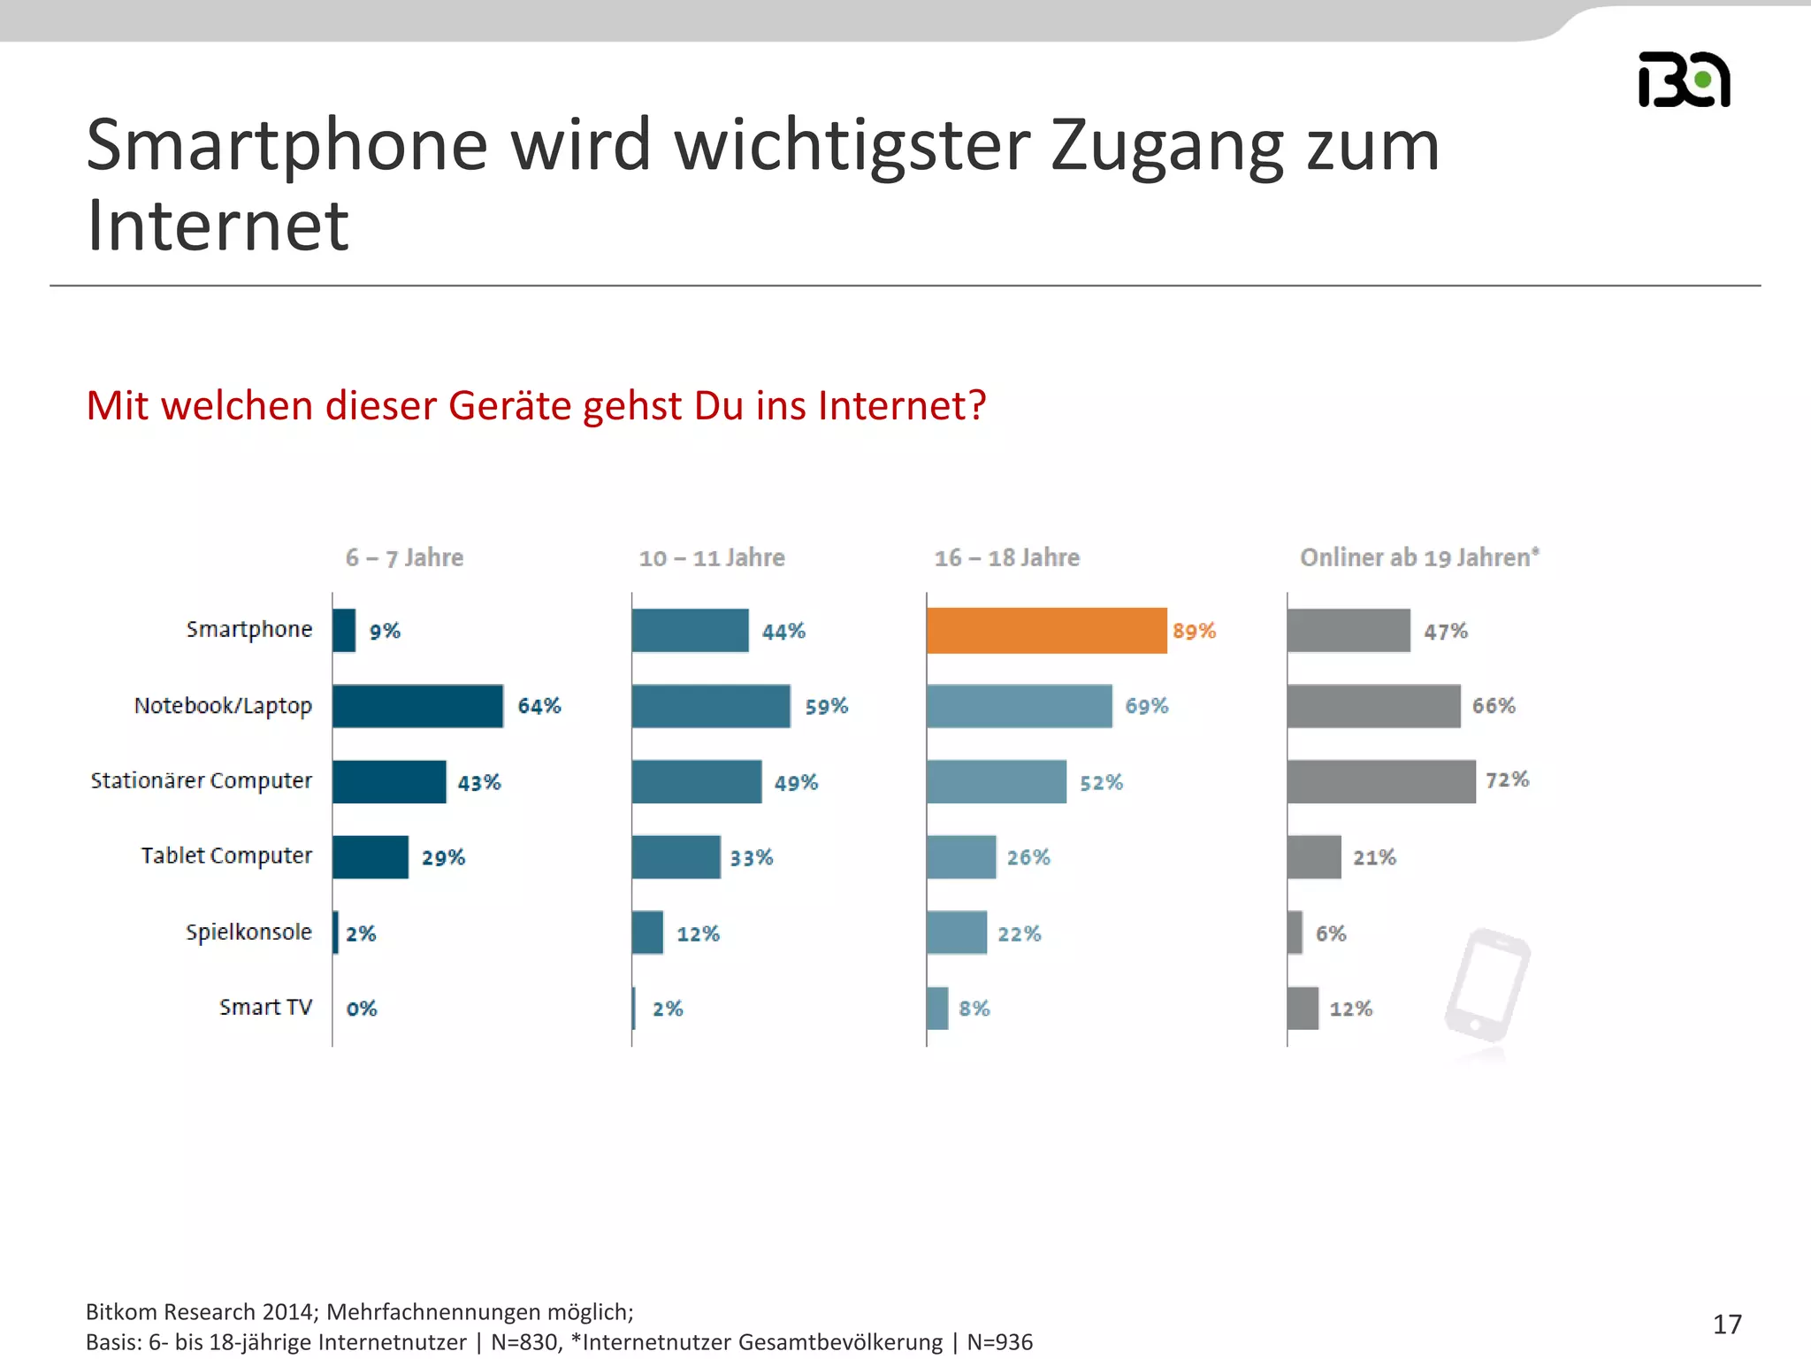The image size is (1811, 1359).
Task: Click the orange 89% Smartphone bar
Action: [1046, 631]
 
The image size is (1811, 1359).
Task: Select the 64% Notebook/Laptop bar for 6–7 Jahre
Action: [417, 706]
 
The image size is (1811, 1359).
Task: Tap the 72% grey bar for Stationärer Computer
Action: [1381, 781]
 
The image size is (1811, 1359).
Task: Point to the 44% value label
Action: [783, 632]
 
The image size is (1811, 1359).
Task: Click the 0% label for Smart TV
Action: [362, 1009]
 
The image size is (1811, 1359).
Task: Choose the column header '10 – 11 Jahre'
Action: [712, 558]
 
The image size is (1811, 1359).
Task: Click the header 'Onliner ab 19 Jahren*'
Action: [1419, 557]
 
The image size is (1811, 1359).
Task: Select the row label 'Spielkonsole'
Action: [248, 933]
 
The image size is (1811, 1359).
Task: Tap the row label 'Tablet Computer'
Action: [226, 856]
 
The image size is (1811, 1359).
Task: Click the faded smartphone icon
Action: [1488, 987]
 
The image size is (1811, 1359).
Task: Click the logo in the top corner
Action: [1684, 80]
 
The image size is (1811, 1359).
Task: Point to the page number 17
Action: [1727, 1324]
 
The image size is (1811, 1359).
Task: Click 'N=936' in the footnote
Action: [999, 1342]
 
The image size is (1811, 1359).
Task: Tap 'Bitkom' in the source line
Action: [121, 1312]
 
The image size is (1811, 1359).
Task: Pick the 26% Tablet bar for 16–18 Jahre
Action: [961, 856]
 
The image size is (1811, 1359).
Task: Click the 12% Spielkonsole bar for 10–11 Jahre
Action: [647, 933]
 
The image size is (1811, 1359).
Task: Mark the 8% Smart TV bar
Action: [937, 1009]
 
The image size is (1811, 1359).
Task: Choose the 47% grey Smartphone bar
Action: [1349, 631]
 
